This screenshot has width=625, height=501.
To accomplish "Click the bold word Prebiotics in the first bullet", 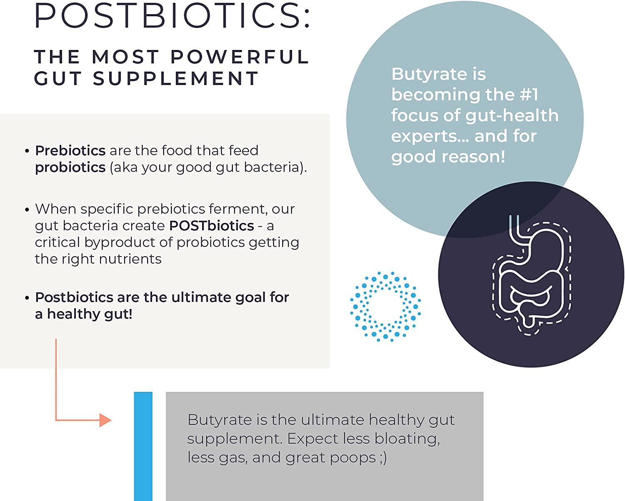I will point(70,150).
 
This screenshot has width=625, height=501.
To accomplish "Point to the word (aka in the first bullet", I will point(123,167).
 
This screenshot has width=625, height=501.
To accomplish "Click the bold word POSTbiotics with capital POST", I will point(211,226).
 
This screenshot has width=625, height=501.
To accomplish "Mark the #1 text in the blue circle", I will point(529,95).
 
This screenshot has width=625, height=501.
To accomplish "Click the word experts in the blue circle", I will point(427,136).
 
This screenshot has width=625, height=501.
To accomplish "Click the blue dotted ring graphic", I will point(385,307).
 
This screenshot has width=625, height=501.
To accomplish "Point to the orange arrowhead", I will point(105,420).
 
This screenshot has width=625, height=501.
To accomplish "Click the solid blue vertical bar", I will point(143,446).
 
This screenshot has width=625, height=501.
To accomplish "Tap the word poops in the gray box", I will point(352,458).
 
